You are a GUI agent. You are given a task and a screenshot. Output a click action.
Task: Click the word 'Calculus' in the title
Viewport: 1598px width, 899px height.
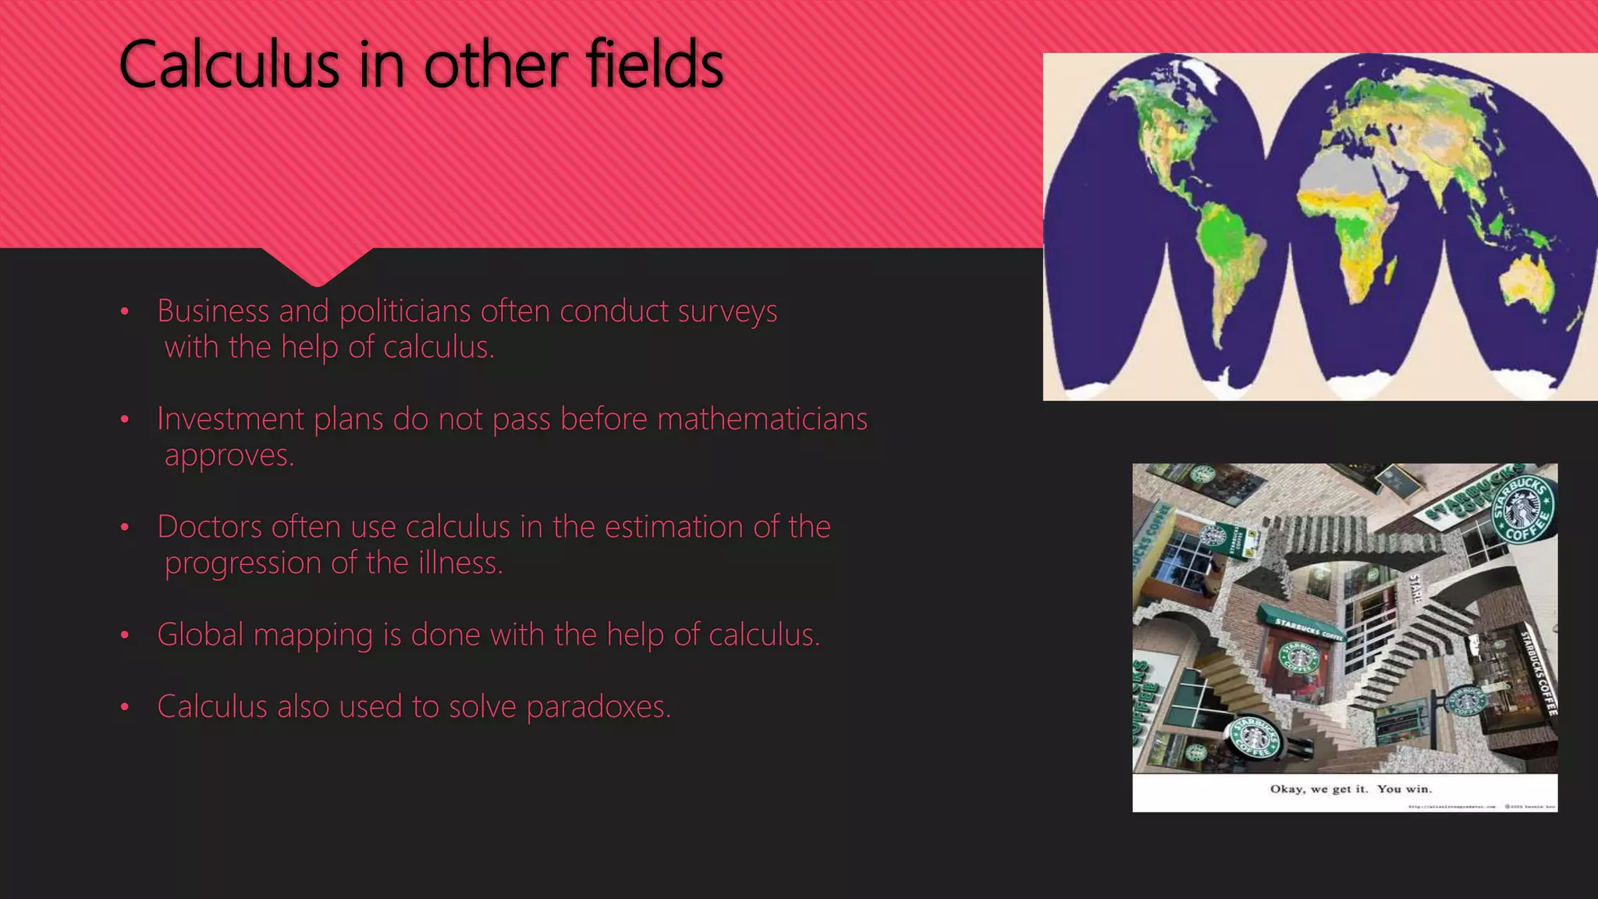pyautogui.click(x=229, y=66)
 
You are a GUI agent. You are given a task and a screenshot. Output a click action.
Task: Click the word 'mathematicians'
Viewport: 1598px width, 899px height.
pyautogui.click(x=762, y=419)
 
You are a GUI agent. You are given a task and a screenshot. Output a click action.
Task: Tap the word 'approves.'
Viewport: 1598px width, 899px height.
pyautogui.click(x=229, y=456)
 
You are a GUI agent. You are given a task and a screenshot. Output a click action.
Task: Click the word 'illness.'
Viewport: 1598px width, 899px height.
pyautogui.click(x=460, y=563)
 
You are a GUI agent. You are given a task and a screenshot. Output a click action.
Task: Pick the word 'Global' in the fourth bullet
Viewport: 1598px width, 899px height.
pyautogui.click(x=201, y=634)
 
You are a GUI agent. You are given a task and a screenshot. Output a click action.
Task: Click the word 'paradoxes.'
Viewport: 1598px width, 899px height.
pyautogui.click(x=598, y=707)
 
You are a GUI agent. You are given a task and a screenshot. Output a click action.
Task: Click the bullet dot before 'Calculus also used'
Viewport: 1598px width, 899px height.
pyautogui.click(x=124, y=708)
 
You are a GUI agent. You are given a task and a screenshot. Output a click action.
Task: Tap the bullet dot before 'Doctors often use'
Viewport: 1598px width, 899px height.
pyautogui.click(x=124, y=528)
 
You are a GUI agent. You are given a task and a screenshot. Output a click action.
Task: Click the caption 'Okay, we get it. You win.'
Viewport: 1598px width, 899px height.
pyautogui.click(x=1351, y=789)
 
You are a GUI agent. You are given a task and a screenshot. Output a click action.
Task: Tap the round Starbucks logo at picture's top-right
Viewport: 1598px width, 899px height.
pyautogui.click(x=1522, y=511)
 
